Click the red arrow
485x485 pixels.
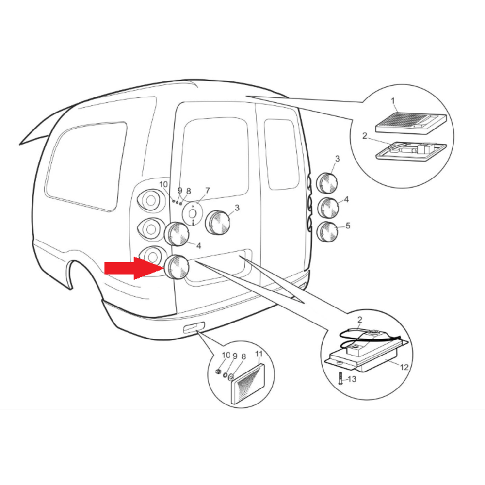[134, 268]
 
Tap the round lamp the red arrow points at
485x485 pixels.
[177, 267]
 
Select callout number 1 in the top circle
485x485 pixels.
[393, 101]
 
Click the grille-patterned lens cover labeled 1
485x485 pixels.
[411, 123]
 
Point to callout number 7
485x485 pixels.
[207, 191]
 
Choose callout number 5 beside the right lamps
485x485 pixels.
[348, 226]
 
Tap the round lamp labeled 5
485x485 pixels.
[328, 231]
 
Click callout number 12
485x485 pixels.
[404, 367]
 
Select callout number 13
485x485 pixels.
[352, 379]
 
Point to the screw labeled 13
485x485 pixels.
[340, 378]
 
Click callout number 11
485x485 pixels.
[259, 354]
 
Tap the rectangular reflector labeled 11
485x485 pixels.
[248, 384]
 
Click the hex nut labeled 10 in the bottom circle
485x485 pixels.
[218, 371]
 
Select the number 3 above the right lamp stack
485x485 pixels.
[337, 159]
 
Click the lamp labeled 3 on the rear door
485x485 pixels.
[218, 223]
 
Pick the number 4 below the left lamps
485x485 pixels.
[198, 246]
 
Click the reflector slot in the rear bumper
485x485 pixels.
[194, 327]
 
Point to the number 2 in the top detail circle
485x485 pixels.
[365, 136]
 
